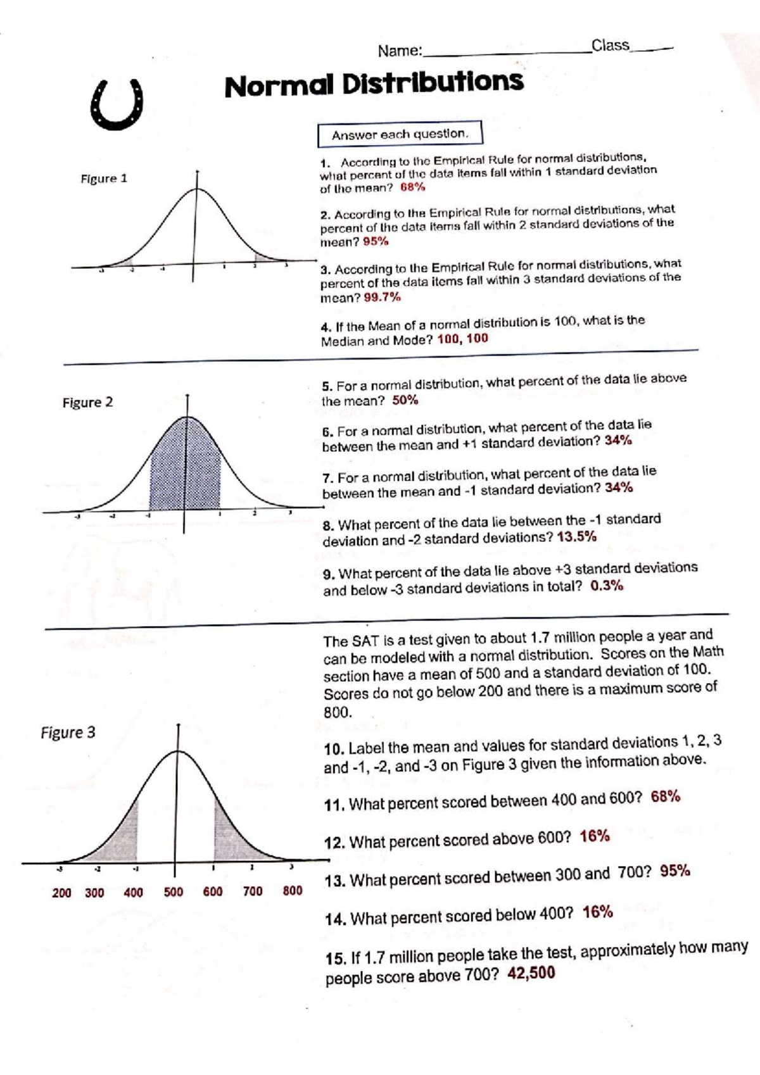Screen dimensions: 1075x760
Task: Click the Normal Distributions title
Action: pyautogui.click(x=374, y=84)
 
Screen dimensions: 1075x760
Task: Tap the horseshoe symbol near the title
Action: pyautogui.click(x=117, y=106)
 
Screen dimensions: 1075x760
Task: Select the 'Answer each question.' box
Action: pyautogui.click(x=400, y=134)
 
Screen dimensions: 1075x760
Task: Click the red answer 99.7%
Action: pyautogui.click(x=382, y=297)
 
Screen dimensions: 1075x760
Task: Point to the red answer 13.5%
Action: pyautogui.click(x=576, y=537)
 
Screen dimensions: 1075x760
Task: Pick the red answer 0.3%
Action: pyautogui.click(x=606, y=586)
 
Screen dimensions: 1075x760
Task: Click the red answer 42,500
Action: pyautogui.click(x=531, y=973)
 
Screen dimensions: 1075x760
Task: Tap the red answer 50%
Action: pyautogui.click(x=405, y=400)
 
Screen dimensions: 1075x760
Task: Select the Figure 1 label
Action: pyautogui.click(x=104, y=179)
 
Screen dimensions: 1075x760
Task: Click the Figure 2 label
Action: pyautogui.click(x=87, y=403)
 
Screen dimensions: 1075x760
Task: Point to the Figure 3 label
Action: pyautogui.click(x=68, y=732)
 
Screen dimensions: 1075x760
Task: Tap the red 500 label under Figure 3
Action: pyautogui.click(x=173, y=892)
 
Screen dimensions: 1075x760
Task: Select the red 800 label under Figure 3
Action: pyautogui.click(x=292, y=891)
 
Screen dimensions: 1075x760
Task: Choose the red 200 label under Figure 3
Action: pyautogui.click(x=61, y=893)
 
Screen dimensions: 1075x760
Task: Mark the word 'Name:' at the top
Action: pyautogui.click(x=400, y=51)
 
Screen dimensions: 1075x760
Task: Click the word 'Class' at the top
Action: pyautogui.click(x=610, y=46)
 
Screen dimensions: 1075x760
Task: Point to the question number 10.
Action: pyautogui.click(x=333, y=748)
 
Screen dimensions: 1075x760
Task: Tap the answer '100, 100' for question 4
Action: pyautogui.click(x=462, y=338)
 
